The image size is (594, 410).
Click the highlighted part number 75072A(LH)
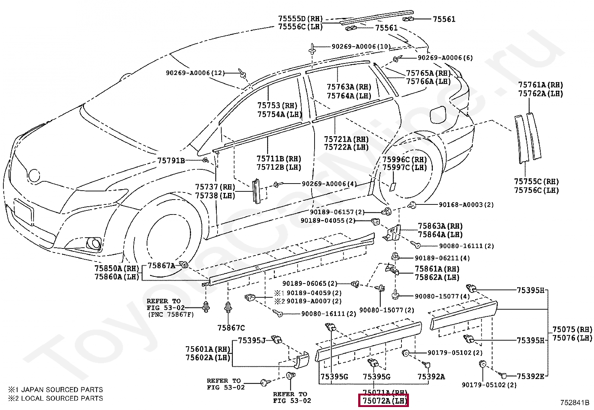click(x=383, y=401)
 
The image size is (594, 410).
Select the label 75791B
click(x=171, y=160)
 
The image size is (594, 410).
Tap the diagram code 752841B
click(x=574, y=403)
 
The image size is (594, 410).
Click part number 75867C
click(x=231, y=328)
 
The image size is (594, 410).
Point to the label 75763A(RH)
click(x=349, y=87)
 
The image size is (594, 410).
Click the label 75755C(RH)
click(x=536, y=182)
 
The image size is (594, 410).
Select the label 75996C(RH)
click(x=404, y=160)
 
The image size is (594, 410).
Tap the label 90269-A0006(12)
click(x=195, y=73)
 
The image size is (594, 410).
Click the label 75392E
click(x=530, y=376)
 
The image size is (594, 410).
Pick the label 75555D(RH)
click(x=300, y=18)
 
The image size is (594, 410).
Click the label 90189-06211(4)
click(x=442, y=258)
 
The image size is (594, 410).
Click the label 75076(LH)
click(x=572, y=338)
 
